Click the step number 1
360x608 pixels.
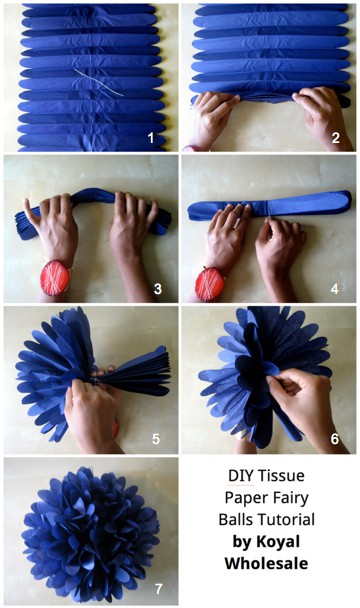point(151,137)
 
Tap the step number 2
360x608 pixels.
point(336,137)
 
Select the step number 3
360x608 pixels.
point(158,288)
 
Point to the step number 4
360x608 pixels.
point(335,288)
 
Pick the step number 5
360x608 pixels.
point(156,439)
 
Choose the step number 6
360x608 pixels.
point(335,439)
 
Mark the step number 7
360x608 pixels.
point(158,589)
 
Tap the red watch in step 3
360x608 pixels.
point(55,278)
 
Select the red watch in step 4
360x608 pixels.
point(210,284)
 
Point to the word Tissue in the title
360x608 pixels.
point(281,476)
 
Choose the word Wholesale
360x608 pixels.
point(267,563)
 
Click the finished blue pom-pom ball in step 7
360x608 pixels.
point(91,534)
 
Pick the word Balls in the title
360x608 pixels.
point(237,520)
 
